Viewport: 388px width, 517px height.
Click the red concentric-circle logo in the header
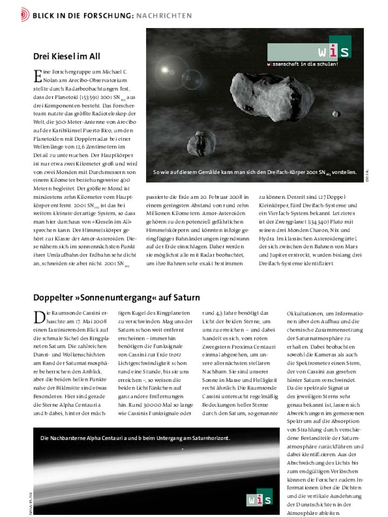pyautogui.click(x=24, y=15)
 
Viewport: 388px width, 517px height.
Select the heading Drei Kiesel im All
pyautogui.click(x=67, y=56)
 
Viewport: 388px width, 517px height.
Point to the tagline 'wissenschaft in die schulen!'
pyautogui.click(x=302, y=64)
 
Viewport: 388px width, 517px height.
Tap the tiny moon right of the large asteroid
pyautogui.click(x=338, y=114)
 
